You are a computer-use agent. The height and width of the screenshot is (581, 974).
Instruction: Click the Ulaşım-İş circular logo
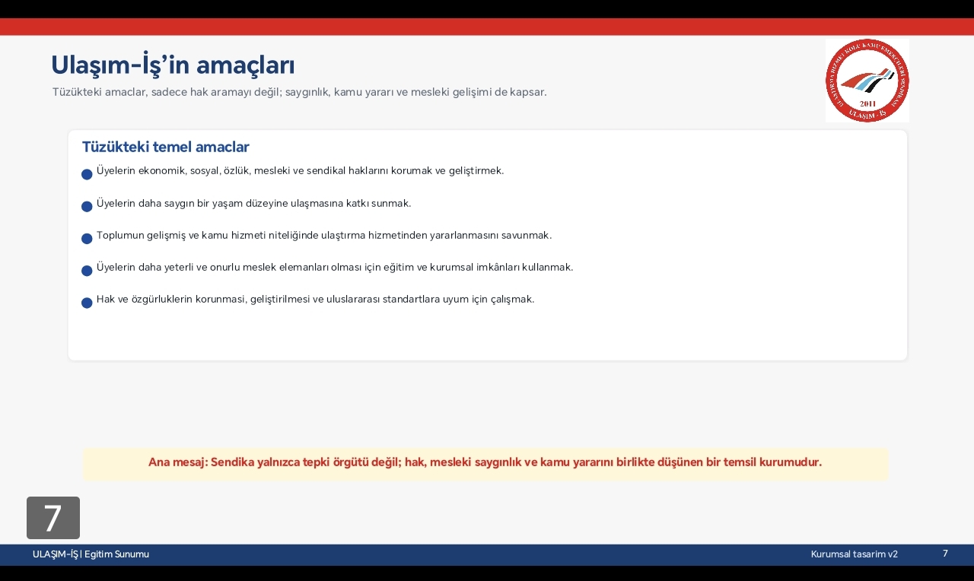point(867,81)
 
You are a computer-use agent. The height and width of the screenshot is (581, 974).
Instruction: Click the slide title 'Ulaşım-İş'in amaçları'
point(173,65)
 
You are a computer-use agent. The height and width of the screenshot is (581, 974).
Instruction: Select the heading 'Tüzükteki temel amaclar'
point(166,147)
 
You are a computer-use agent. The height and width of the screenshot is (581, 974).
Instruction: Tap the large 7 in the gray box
point(53,518)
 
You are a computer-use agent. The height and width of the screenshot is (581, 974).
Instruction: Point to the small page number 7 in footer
point(945,553)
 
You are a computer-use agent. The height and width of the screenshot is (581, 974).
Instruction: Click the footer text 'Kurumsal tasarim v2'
point(854,554)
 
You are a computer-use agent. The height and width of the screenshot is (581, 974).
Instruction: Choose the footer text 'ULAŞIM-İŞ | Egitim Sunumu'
point(91,554)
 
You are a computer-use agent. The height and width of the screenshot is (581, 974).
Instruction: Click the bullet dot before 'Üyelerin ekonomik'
point(87,174)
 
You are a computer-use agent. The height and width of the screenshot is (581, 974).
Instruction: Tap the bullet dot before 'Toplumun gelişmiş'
point(87,239)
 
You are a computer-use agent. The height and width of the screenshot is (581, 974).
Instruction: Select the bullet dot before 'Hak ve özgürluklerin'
point(87,303)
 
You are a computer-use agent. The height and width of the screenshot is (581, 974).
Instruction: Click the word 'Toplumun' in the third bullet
point(120,236)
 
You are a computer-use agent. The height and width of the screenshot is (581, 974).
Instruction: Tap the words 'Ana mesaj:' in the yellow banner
point(178,462)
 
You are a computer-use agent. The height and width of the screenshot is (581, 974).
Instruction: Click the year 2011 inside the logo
point(867,103)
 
